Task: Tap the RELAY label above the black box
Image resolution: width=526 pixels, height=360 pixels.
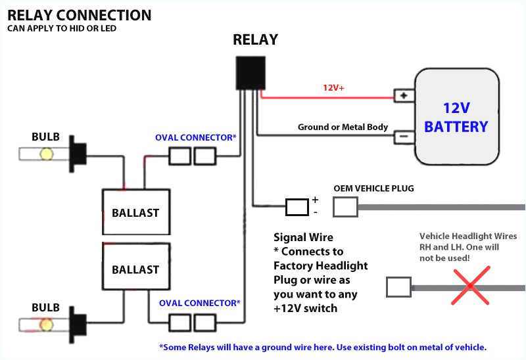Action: click(255, 40)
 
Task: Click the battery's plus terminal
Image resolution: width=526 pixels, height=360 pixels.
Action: click(402, 96)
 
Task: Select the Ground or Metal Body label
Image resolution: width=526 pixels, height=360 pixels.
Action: click(343, 127)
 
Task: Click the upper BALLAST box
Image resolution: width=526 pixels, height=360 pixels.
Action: click(135, 213)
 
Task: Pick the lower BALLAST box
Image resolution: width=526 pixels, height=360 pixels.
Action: click(135, 269)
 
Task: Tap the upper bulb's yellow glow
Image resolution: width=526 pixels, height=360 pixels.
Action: click(46, 154)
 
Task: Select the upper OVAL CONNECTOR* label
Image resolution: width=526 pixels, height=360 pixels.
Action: click(195, 138)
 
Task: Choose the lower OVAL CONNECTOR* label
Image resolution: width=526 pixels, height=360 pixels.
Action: click(199, 304)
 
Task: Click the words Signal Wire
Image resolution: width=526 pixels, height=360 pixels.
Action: click(303, 238)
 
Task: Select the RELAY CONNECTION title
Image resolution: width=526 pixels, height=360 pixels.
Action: click(80, 15)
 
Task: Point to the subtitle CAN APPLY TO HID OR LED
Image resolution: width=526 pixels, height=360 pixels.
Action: click(62, 29)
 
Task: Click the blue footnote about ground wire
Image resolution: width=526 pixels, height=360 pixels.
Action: click(323, 347)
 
